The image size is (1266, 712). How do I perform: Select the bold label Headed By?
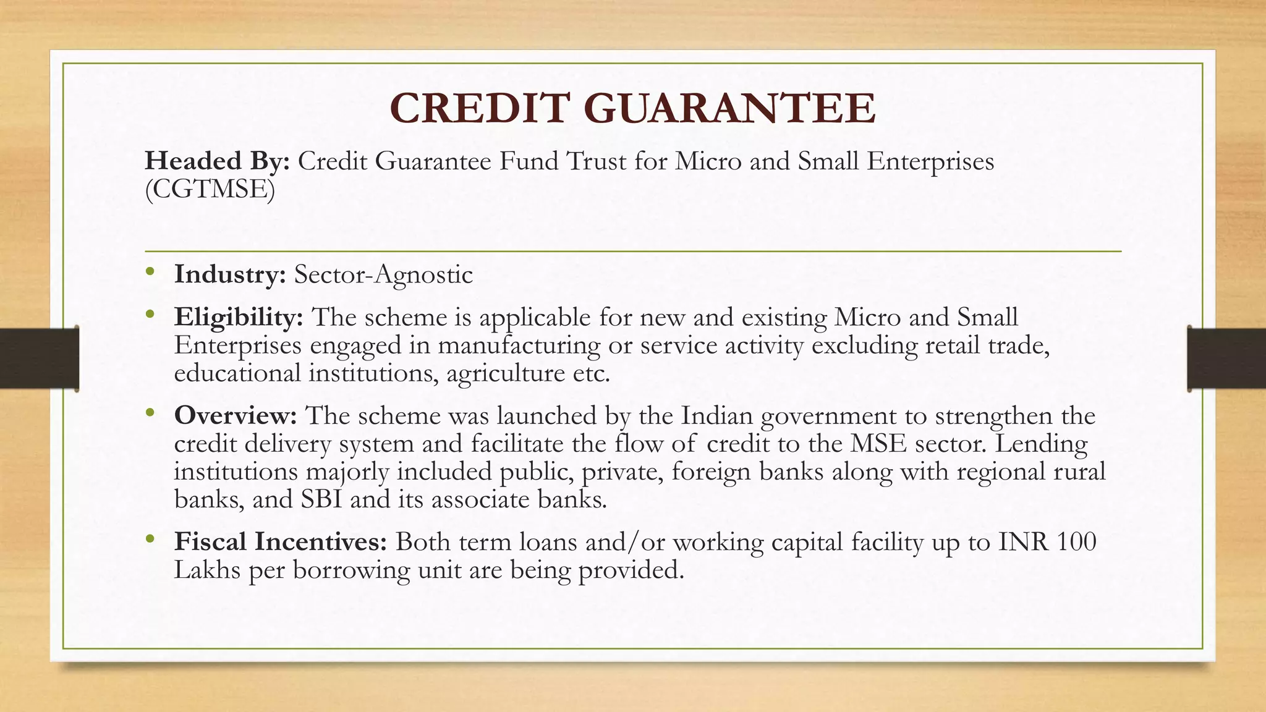(x=217, y=161)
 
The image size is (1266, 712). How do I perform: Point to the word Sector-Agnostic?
(x=383, y=274)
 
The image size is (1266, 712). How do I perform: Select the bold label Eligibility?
(x=239, y=317)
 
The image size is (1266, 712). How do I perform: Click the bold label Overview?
(x=236, y=415)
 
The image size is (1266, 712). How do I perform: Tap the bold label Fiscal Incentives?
(x=281, y=541)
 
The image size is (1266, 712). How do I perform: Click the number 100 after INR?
(x=1076, y=541)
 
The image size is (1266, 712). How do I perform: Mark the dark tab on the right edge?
(x=1226, y=358)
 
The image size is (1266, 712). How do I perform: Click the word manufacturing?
(x=519, y=345)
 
